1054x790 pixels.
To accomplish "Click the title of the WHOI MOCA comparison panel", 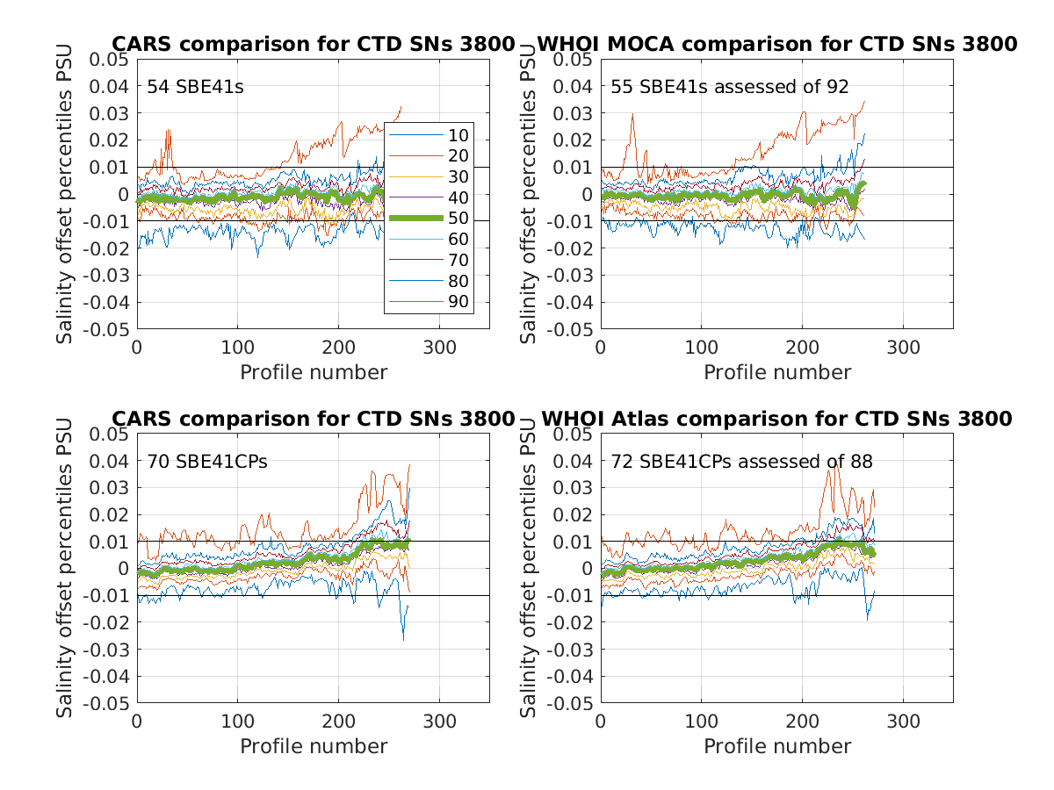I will tap(776, 44).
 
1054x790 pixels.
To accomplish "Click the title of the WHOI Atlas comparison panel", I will tap(776, 419).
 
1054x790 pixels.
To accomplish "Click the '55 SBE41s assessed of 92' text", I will tap(730, 86).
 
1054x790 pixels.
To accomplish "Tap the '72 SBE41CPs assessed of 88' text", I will tap(742, 461).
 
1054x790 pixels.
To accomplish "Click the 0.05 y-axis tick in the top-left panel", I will tap(112, 59).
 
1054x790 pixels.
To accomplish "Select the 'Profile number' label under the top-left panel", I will tap(314, 372).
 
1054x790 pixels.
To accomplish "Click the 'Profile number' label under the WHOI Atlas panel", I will tap(777, 746).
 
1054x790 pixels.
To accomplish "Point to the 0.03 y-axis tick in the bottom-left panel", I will tap(112, 488).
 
